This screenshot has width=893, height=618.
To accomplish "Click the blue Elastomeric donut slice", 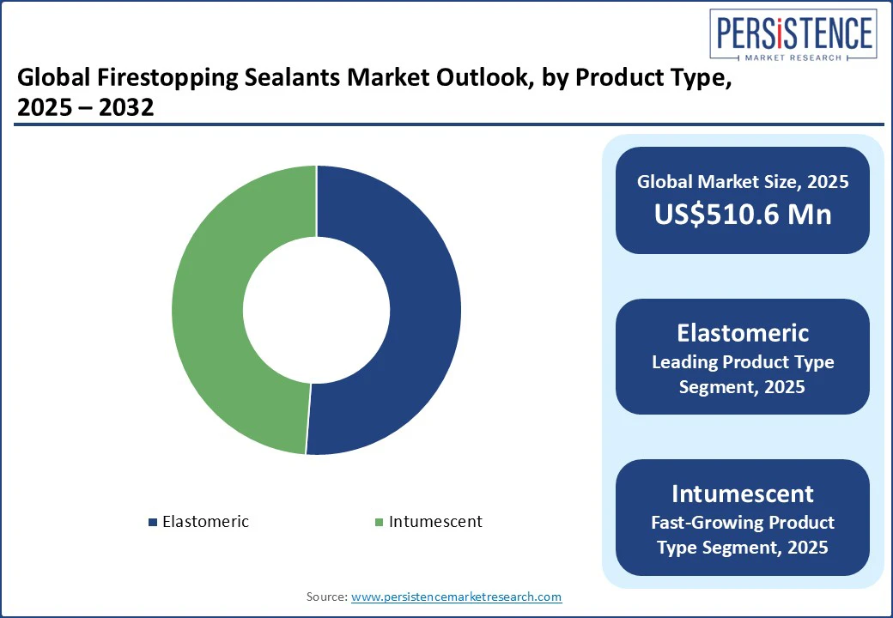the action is (424, 310).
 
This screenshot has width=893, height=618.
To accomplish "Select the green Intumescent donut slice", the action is (208, 310).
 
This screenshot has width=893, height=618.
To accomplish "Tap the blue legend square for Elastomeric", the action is (153, 522).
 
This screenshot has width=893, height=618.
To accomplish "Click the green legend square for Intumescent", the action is (380, 522).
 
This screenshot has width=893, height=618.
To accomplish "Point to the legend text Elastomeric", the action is (205, 521).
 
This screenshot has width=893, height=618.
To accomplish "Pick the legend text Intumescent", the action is (435, 521).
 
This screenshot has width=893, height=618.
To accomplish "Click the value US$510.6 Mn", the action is (743, 215).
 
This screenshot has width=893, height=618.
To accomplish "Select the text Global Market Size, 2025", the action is (743, 181).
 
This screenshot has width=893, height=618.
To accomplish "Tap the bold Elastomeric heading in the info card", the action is (743, 333).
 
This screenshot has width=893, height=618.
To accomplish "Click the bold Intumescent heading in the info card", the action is (743, 494).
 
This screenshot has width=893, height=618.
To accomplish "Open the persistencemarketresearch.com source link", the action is (456, 597).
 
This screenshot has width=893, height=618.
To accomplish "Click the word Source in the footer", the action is (326, 597).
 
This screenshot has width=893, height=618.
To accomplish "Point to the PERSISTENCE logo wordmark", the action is (794, 32).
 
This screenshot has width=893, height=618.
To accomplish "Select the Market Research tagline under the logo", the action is (793, 58).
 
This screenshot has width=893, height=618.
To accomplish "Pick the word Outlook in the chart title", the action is (485, 77).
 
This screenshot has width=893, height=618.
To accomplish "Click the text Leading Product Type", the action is (743, 362).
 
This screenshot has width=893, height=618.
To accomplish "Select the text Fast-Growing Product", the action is (743, 523).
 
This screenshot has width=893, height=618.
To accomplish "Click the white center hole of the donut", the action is (317, 310).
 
